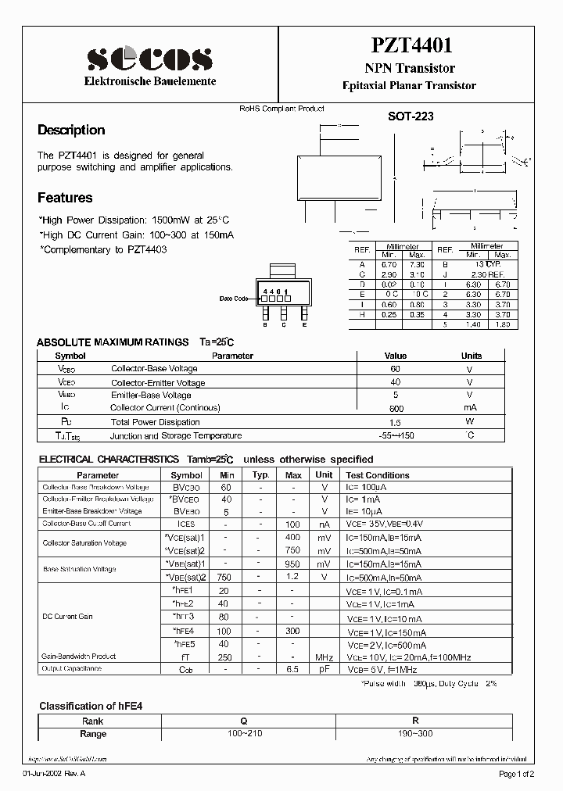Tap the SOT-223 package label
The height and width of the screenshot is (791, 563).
click(x=411, y=116)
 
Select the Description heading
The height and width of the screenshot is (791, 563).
click(x=71, y=131)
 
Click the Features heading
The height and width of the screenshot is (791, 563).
click(x=65, y=198)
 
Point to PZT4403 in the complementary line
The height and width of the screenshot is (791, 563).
click(x=145, y=249)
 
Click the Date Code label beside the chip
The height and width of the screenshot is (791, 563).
click(x=234, y=299)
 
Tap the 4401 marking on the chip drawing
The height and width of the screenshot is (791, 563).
click(x=275, y=291)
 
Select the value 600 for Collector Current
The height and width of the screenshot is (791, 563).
click(x=396, y=408)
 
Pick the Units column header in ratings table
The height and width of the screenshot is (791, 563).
click(x=472, y=356)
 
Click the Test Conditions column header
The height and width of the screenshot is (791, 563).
click(x=378, y=475)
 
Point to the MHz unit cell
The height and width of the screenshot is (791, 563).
click(x=324, y=657)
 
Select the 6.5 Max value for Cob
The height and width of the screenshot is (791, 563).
click(x=293, y=670)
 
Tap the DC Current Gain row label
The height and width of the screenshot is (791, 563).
click(x=67, y=617)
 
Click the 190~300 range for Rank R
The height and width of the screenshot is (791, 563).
click(x=415, y=734)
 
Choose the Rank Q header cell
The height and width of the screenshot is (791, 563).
click(x=234, y=721)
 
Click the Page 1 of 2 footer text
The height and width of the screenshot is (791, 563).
click(x=515, y=774)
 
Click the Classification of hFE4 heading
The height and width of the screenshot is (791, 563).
click(x=91, y=706)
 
